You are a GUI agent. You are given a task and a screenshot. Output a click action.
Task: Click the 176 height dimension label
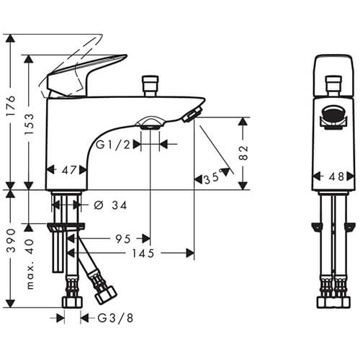pyautogui.click(x=11, y=106)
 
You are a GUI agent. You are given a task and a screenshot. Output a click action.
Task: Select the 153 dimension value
pyautogui.click(x=30, y=124)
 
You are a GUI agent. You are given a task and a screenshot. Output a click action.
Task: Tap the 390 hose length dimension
pyautogui.click(x=11, y=240)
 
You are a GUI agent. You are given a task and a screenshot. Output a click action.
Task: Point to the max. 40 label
pyautogui.click(x=30, y=264)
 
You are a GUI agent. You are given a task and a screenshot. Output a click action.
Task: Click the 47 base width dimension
pyautogui.click(x=69, y=170)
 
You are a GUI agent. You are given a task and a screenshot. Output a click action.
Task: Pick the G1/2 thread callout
pyautogui.click(x=113, y=145)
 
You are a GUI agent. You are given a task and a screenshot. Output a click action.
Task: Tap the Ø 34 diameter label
pyautogui.click(x=110, y=205)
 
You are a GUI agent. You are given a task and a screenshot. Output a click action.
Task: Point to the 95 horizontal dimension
pyautogui.click(x=123, y=239)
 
